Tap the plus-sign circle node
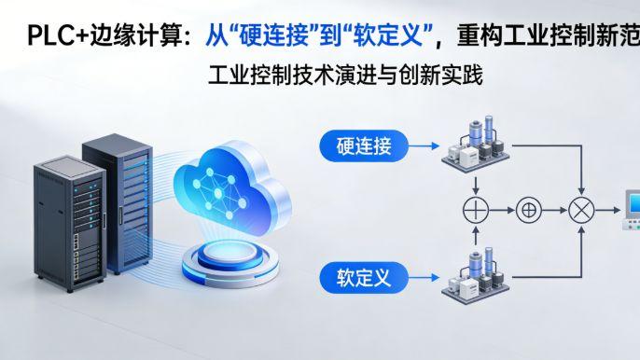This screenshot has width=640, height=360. click(x=476, y=211)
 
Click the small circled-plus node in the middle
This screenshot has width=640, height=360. click(x=529, y=211)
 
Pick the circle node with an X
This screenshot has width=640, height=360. click(x=582, y=211)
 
